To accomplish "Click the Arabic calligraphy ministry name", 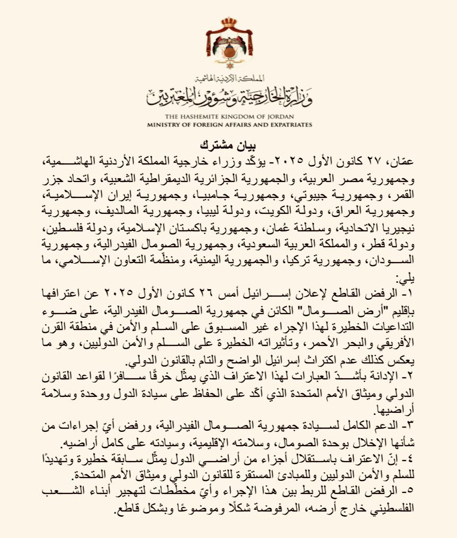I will click(x=230, y=96).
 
